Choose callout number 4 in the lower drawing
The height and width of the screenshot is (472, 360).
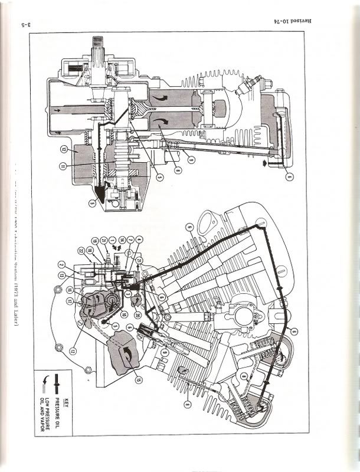tap(139, 240)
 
